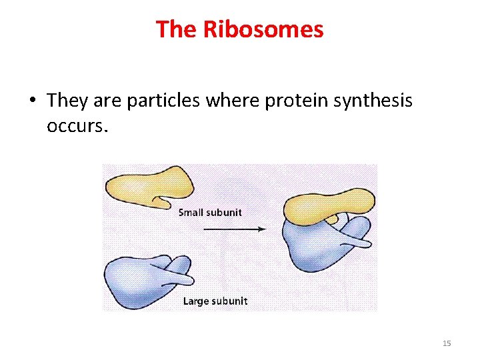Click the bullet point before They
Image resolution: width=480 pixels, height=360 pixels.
32,101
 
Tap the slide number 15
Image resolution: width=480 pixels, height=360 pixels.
447,343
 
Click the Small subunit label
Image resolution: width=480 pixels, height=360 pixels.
210,213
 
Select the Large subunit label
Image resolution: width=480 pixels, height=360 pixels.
215,301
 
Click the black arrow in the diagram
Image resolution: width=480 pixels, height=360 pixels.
234,229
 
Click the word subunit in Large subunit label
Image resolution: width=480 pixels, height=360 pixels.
229,301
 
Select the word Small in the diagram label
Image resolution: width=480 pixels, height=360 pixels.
192,213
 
